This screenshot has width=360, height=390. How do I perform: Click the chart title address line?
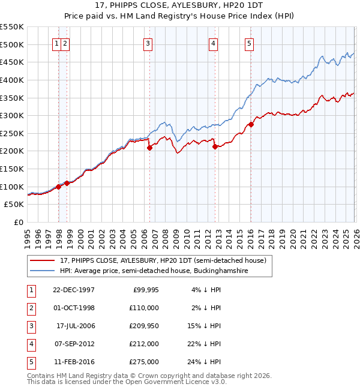[x=179, y=5]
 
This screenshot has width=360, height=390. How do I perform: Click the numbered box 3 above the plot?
[x=148, y=43]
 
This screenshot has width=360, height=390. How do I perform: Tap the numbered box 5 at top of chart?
[x=249, y=43]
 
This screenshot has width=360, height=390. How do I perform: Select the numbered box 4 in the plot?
[x=213, y=43]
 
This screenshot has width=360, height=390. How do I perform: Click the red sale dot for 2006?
[x=149, y=148]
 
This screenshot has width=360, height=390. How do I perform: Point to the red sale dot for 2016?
[x=251, y=124]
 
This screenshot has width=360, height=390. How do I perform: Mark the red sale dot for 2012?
[x=214, y=146]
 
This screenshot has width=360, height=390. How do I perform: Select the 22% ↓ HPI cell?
[x=204, y=344]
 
